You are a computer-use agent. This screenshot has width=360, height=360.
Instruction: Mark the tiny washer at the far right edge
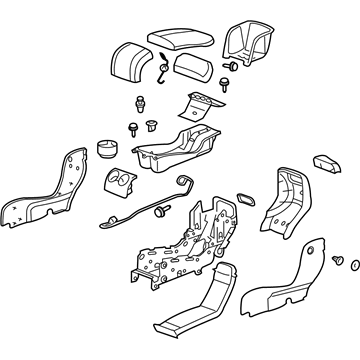350,265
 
